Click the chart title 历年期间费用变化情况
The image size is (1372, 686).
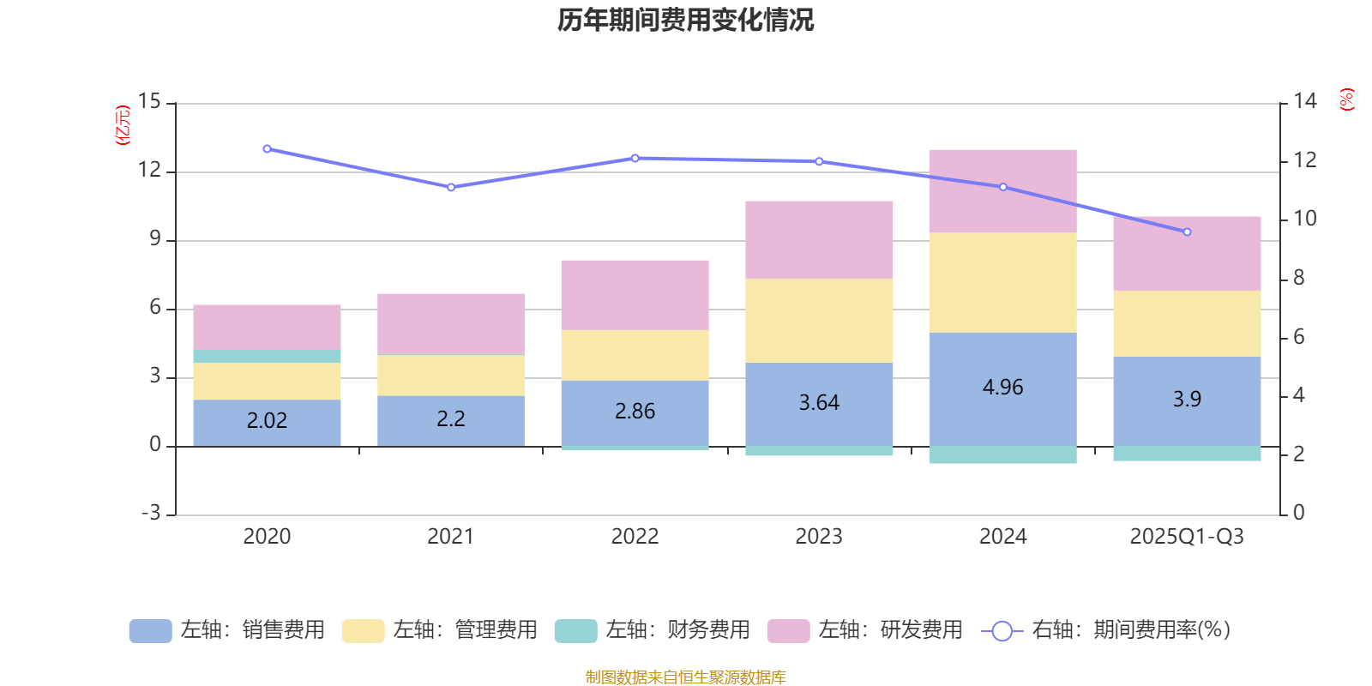click(x=685, y=20)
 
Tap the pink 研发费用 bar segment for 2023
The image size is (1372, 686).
click(x=819, y=239)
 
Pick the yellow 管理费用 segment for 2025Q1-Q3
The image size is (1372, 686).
click(x=1187, y=323)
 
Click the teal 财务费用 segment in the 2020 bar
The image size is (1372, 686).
click(x=267, y=356)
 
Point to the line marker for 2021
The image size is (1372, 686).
click(x=451, y=187)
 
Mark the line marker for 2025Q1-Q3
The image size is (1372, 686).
click(x=1187, y=232)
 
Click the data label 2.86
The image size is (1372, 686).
click(x=635, y=412)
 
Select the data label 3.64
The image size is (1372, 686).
click(x=819, y=403)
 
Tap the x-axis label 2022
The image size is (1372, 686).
click(x=635, y=537)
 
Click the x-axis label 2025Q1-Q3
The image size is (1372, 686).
click(x=1187, y=537)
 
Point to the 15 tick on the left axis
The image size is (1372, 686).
click(x=149, y=102)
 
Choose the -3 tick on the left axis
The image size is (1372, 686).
click(x=151, y=513)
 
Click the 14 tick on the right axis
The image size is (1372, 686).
click(x=1305, y=102)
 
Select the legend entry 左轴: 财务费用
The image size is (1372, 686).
click(x=653, y=630)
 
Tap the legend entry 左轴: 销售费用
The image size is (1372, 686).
click(x=227, y=630)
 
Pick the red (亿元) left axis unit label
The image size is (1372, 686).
click(x=123, y=125)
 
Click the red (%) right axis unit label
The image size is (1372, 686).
click(x=1346, y=99)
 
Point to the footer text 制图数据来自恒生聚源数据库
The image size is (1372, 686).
click(x=685, y=677)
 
